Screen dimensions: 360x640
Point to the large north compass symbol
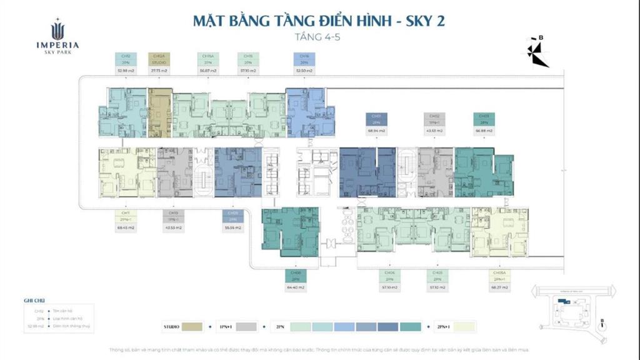537,54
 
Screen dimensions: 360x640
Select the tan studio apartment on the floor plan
160,112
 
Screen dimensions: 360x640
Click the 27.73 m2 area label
159,71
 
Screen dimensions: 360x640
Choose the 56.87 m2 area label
208,71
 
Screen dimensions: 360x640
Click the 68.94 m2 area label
375,131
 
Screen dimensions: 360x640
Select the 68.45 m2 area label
126,228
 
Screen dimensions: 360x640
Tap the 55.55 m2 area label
232,228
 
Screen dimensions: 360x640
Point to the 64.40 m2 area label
294,287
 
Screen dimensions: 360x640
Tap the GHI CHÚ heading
34,301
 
